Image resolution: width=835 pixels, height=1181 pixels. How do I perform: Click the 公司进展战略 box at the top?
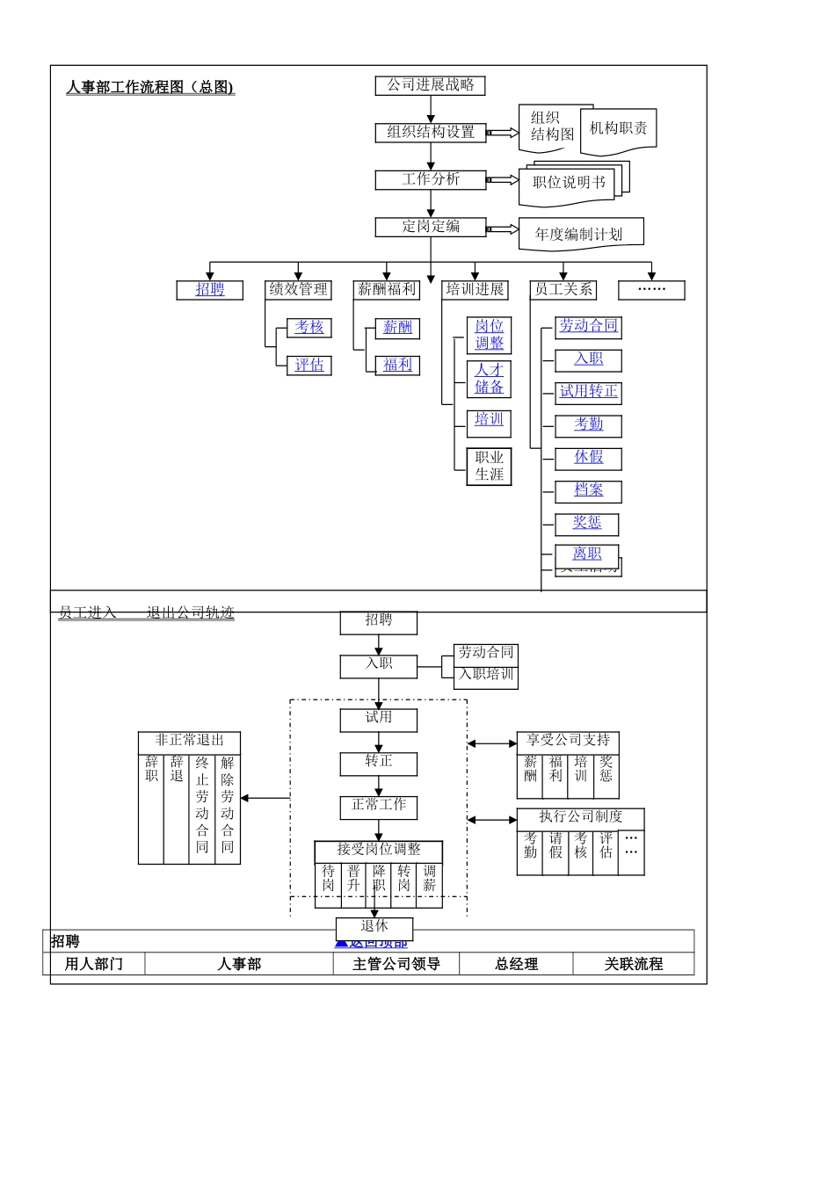click(431, 85)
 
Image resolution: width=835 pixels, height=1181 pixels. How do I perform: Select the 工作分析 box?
click(431, 179)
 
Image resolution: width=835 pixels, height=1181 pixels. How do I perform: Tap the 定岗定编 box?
click(431, 226)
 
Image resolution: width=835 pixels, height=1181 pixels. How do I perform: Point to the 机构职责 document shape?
click(618, 128)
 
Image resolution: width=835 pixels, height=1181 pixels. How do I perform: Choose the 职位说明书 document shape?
click(569, 183)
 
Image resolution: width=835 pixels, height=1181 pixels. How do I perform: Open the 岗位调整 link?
click(489, 335)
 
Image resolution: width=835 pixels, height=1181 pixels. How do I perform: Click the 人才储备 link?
click(489, 379)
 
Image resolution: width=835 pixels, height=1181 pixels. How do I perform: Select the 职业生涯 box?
click(489, 466)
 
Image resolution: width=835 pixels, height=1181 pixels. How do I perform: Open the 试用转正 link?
click(588, 392)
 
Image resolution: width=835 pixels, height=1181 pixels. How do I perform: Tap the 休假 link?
click(588, 458)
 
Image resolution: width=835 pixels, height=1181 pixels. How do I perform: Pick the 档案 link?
click(588, 490)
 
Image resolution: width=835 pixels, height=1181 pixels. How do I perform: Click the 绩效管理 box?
click(298, 289)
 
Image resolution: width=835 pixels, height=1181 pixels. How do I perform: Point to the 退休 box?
click(374, 926)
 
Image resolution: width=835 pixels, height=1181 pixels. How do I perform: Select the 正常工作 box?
click(379, 805)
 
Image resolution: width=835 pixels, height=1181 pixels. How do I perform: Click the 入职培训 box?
click(486, 675)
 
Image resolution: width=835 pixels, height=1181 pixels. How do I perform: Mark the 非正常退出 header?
click(189, 741)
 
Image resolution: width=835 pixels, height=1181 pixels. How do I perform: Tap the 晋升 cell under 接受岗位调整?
click(353, 878)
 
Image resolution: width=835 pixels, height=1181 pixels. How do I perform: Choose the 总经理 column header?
click(516, 964)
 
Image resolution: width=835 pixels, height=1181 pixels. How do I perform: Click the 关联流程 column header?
click(633, 964)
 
